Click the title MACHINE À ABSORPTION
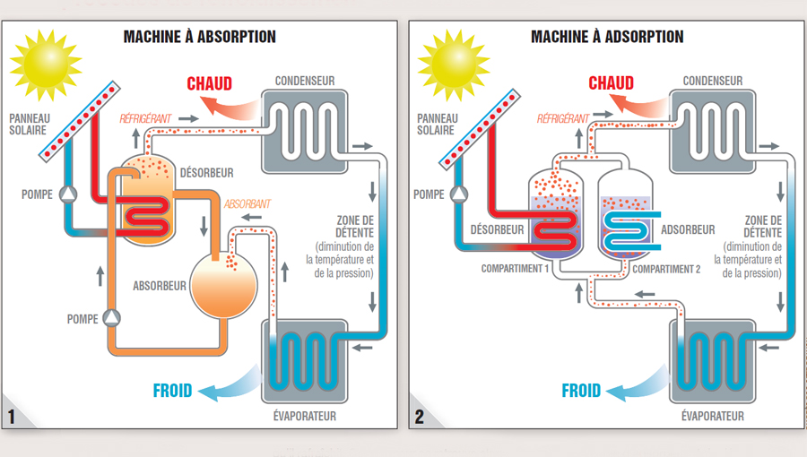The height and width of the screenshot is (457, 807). tap(199, 37)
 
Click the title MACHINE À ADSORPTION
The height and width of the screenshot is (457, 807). tap(607, 37)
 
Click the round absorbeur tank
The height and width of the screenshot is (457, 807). tap(225, 286)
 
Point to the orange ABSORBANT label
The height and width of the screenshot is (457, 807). tap(247, 204)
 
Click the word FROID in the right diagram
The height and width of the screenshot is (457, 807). tap(581, 391)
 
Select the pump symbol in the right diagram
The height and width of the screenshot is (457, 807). tap(459, 194)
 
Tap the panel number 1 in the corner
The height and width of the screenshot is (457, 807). tap(12, 417)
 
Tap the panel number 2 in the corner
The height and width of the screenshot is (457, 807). tap(420, 417)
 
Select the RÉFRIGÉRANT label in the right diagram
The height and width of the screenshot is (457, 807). tap(562, 118)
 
